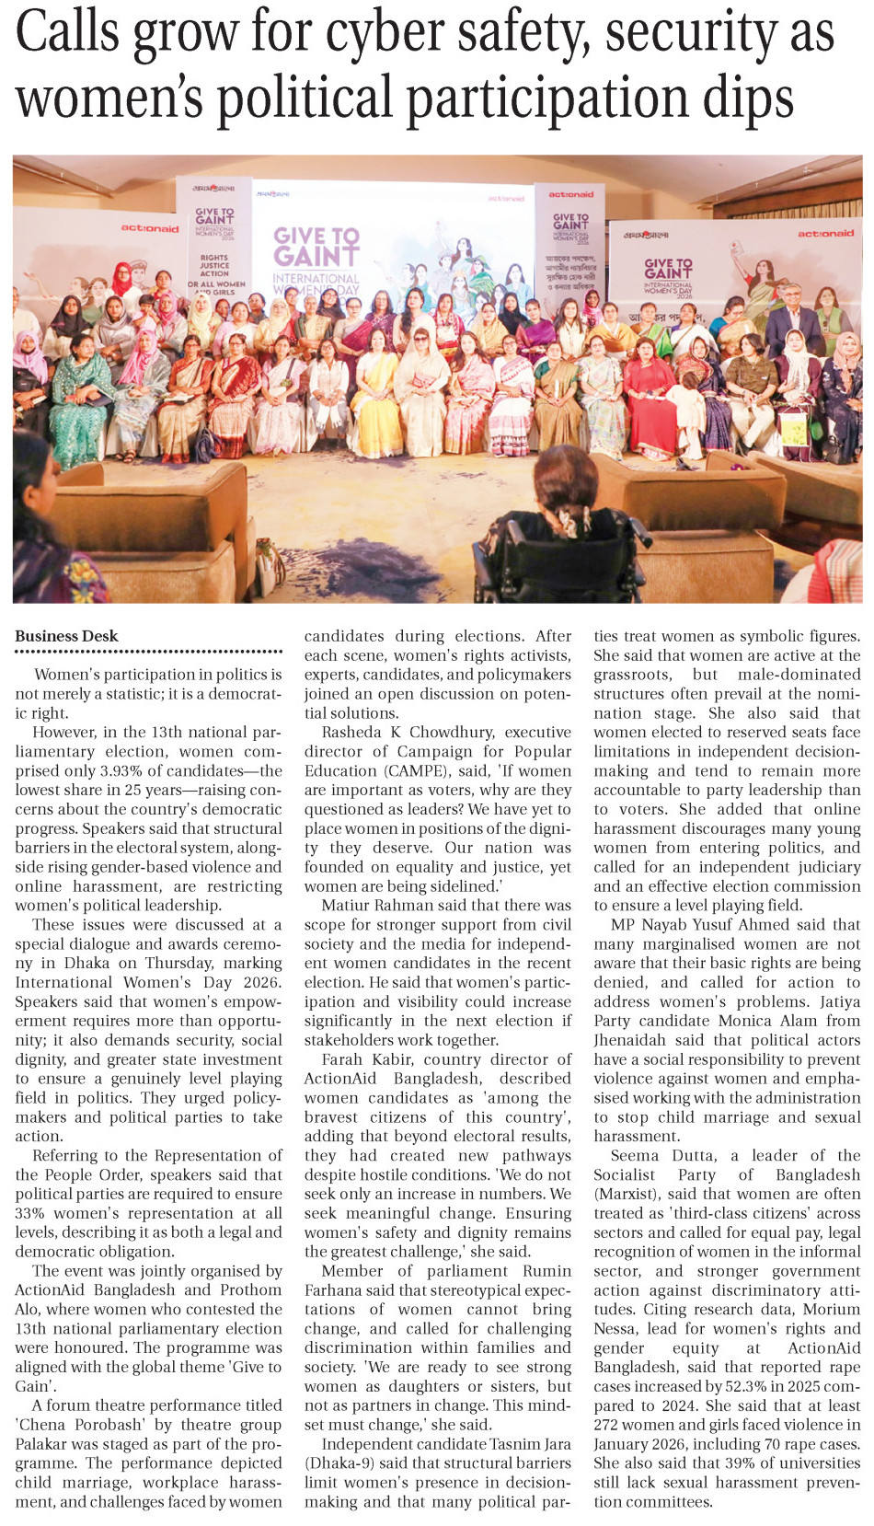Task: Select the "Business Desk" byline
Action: (66, 636)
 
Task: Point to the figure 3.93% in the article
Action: (127, 771)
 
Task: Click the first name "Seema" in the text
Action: (636, 1155)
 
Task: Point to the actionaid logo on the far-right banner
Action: (825, 234)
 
